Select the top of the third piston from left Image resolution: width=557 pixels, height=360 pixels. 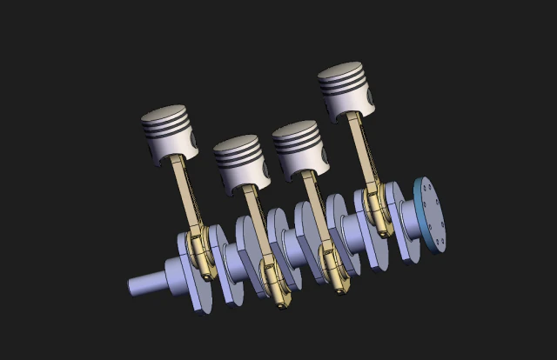(297, 131)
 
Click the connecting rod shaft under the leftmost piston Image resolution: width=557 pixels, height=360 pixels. (185, 196)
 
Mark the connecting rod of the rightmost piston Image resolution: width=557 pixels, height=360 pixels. (359, 148)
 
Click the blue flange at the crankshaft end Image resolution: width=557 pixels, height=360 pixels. (430, 213)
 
